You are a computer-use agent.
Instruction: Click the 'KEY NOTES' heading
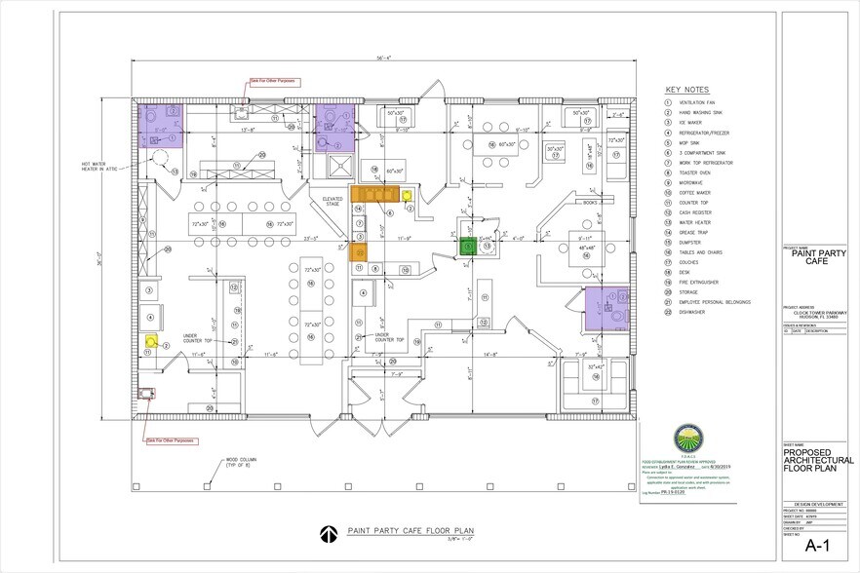click(687, 88)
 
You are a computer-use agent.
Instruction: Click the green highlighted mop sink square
click(469, 247)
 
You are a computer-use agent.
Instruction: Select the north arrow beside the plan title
click(328, 532)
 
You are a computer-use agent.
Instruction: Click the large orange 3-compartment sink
click(373, 194)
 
